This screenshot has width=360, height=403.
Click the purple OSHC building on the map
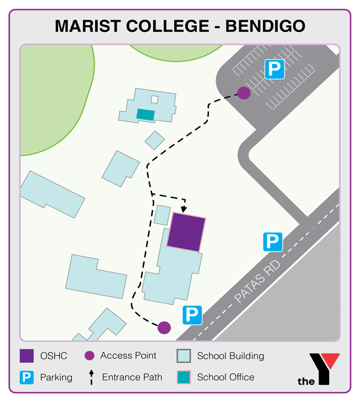tap(186, 232)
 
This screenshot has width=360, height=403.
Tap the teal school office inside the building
tap(145, 114)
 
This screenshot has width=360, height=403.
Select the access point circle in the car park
tap(244, 92)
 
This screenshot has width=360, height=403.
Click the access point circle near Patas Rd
tap(164, 328)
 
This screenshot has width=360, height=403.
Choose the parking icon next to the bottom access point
tap(192, 315)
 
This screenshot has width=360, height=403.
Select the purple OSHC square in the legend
tap(27, 356)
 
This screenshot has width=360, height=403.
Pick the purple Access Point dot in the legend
tap(89, 356)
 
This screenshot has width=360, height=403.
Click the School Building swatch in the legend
tap(183, 356)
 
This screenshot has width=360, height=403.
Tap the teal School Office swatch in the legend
tap(183, 377)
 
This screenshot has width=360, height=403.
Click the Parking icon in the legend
tap(27, 377)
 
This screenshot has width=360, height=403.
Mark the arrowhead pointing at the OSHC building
tap(184, 208)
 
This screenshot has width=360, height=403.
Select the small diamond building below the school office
tap(154, 140)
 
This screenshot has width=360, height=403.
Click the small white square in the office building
tap(154, 99)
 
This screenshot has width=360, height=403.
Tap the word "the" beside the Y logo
tap(306, 382)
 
